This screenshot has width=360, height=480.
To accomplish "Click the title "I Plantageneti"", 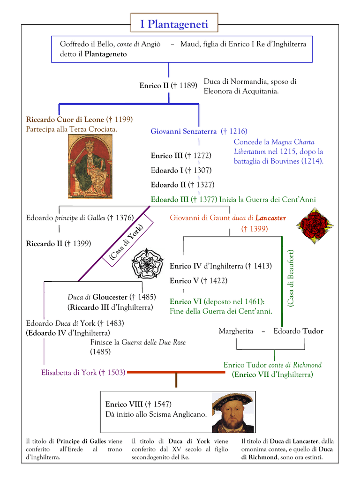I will coord(174,24).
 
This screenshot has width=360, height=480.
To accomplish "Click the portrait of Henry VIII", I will coord(232,412).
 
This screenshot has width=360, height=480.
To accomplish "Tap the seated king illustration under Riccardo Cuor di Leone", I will coord(90,166).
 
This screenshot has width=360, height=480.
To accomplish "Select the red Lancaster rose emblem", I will coord(315,224).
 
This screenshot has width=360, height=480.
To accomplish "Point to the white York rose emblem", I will coord(147,264).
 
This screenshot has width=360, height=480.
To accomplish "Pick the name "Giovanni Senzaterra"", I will coord(183,131).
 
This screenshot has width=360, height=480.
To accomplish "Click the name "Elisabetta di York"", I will coord(69,373).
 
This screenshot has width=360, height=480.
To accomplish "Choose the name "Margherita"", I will coord(236,331).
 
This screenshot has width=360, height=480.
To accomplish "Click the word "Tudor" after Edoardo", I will coord(313,331).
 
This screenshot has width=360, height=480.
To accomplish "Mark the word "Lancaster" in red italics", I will coord(270,217).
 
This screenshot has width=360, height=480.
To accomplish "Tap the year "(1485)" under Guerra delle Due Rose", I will coord(100,352).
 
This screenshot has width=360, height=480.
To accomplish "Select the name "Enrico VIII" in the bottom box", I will coord(124,404).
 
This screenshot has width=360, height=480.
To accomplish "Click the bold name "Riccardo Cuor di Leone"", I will coord(65,120).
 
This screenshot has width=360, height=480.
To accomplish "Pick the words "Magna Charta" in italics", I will coord(293,142).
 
